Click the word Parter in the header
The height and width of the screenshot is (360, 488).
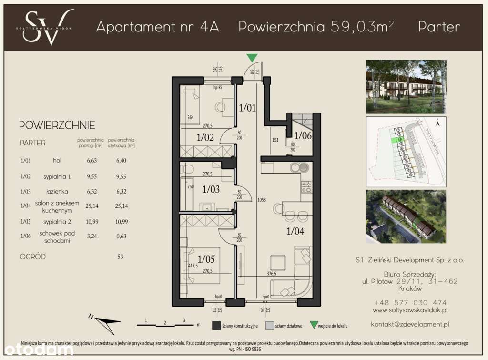point(439,27)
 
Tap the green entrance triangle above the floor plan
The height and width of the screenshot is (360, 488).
point(252,58)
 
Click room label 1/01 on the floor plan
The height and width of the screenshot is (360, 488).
point(247,108)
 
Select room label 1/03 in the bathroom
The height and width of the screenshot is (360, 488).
point(211,189)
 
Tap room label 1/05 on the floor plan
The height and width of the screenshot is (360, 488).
point(206,259)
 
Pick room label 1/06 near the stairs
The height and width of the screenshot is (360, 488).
point(303,135)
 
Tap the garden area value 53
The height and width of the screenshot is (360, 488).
point(120,257)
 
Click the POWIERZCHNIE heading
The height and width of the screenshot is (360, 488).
point(57,125)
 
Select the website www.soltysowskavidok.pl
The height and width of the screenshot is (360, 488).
point(409,310)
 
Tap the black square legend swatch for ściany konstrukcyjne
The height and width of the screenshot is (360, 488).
point(217,326)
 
